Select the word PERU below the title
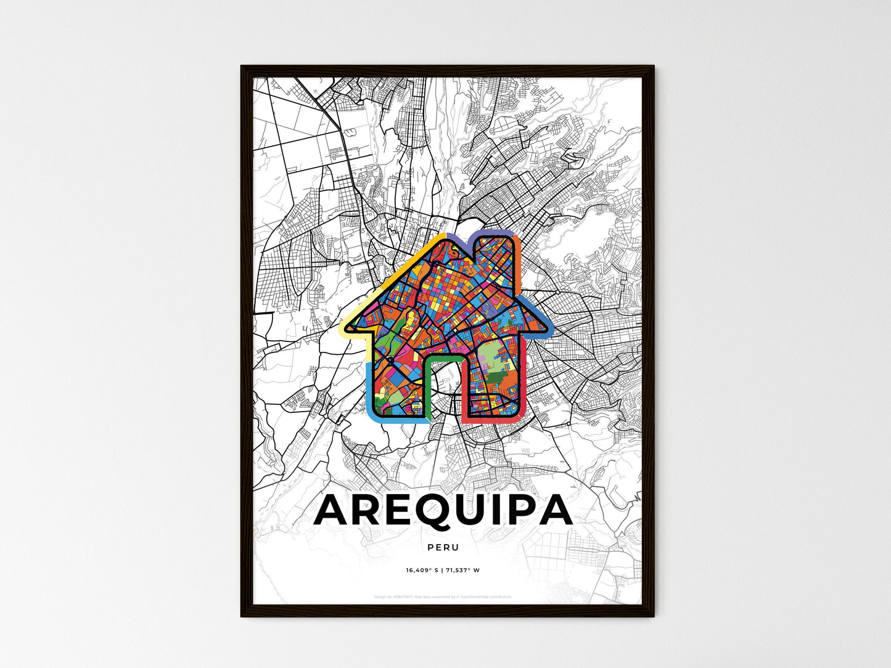[442, 547]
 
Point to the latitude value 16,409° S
[422, 570]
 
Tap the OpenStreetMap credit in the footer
[487, 597]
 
